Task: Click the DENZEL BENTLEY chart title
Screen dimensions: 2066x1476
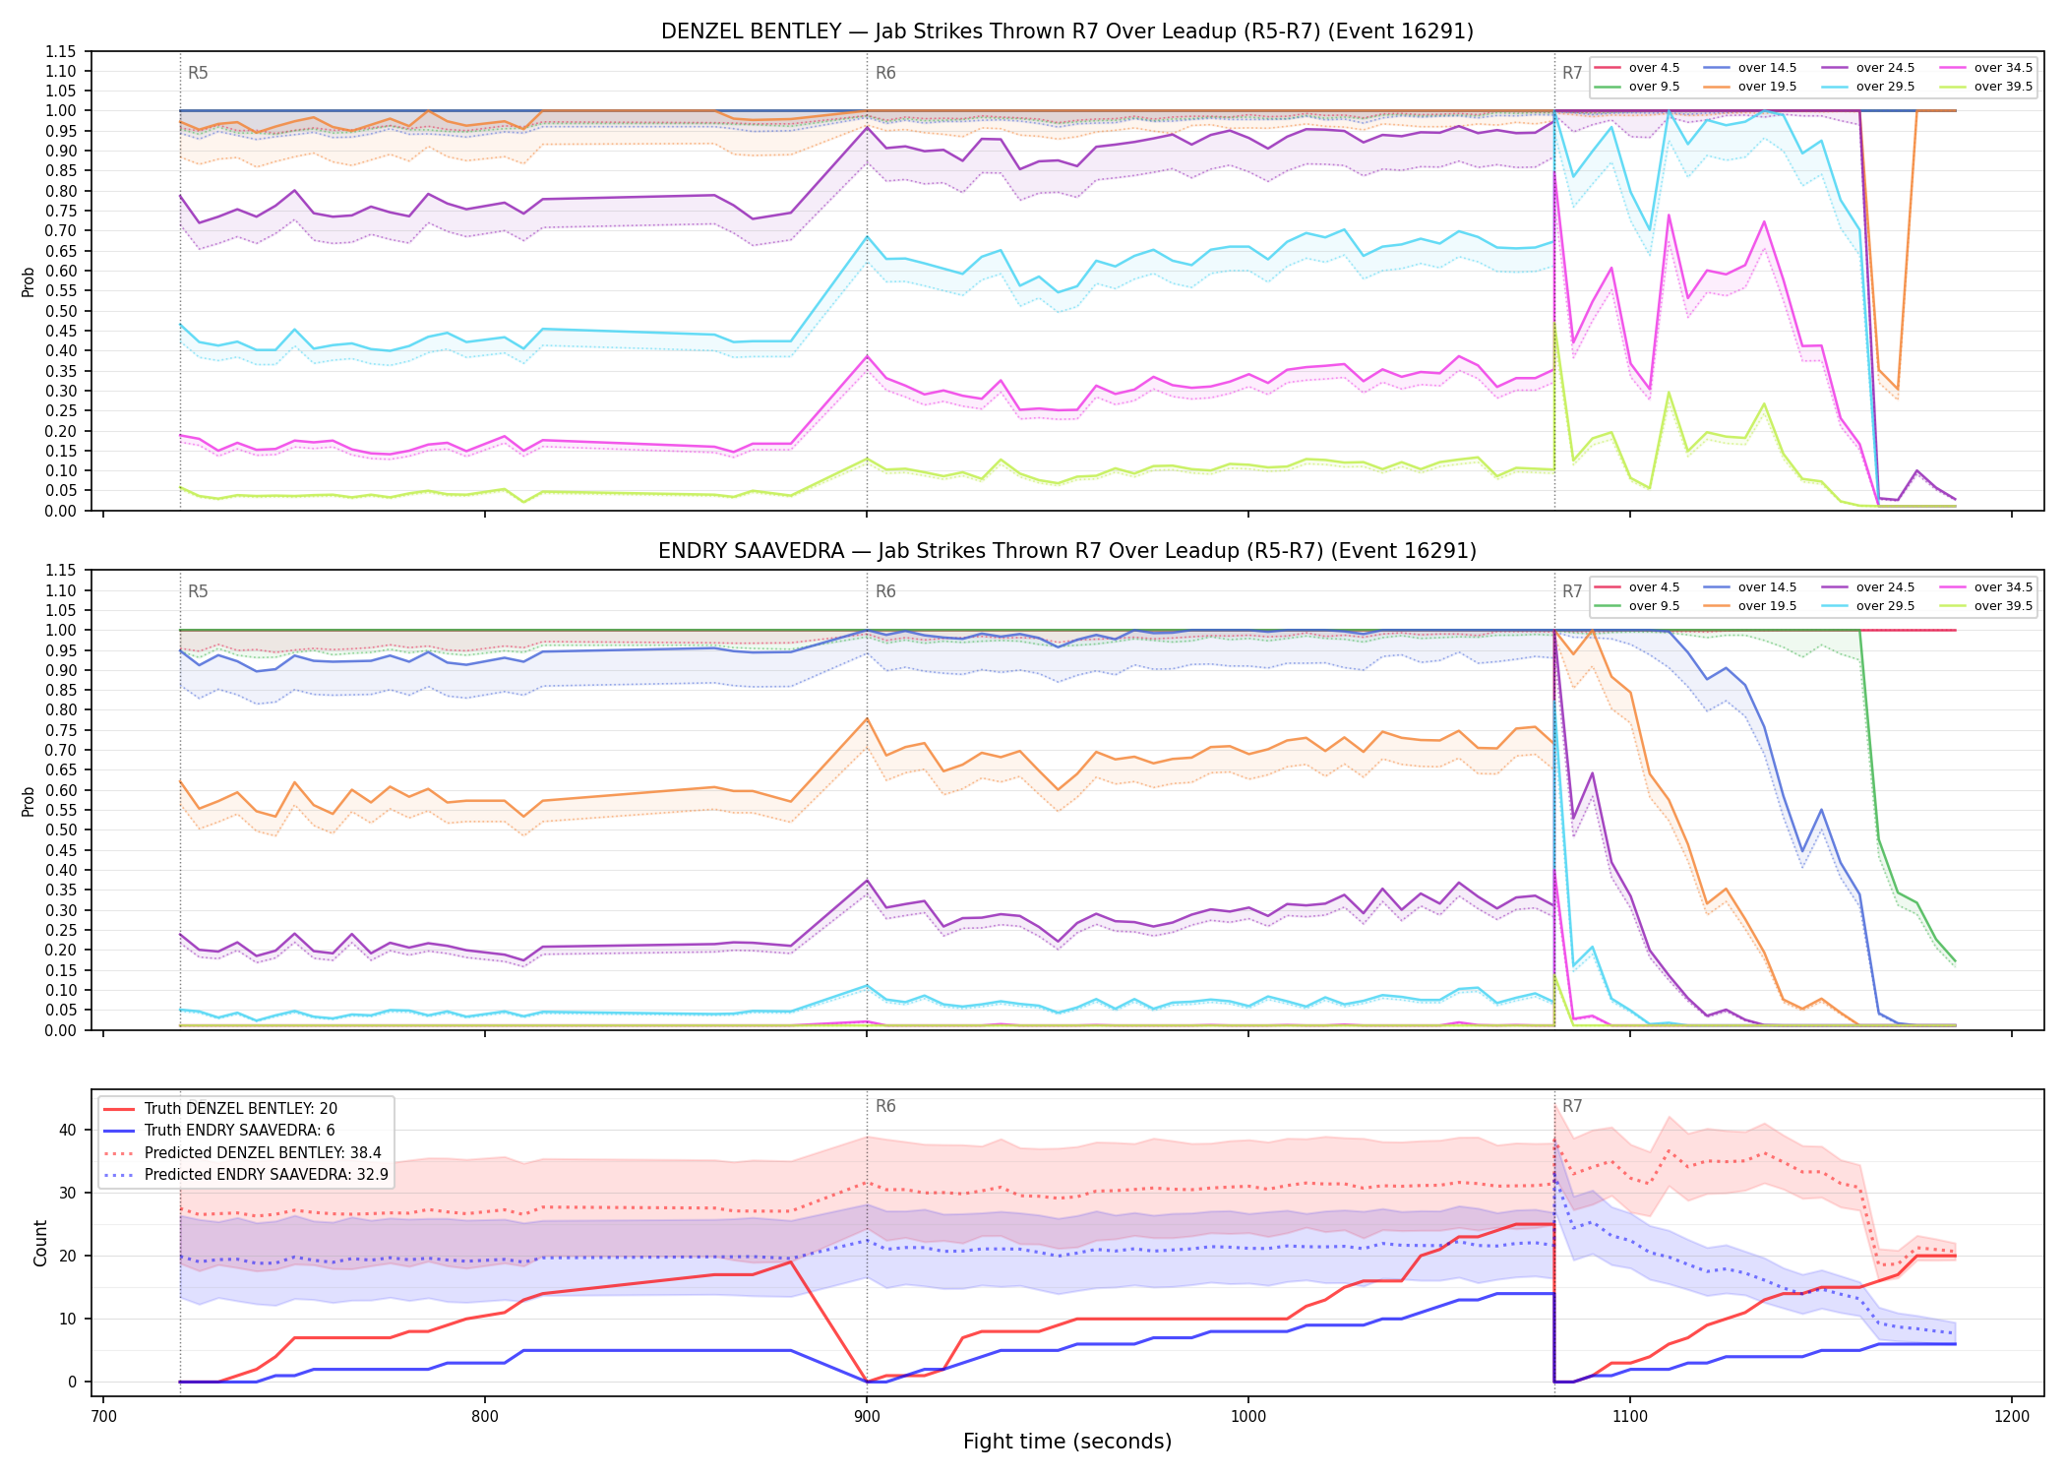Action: (x=1067, y=31)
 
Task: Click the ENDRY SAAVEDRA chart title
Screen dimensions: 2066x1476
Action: (x=1067, y=551)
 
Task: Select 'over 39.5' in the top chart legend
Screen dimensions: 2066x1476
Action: (x=2003, y=87)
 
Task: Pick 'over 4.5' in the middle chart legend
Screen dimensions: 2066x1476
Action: (x=1654, y=587)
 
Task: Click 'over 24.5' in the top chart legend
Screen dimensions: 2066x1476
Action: (x=1885, y=68)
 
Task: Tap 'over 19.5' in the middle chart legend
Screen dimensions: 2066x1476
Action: (x=1767, y=606)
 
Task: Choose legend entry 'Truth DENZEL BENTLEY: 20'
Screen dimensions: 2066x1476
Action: (x=241, y=1109)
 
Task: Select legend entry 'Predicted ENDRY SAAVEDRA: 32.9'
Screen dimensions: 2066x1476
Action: (x=267, y=1175)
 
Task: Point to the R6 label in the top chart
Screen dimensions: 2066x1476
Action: (x=885, y=73)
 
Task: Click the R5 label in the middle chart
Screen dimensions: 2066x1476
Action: (x=198, y=591)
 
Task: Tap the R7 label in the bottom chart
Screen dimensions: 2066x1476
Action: (x=1572, y=1106)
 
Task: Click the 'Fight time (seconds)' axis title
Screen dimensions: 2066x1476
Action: (x=1067, y=1442)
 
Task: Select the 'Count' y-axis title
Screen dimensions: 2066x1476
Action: (x=40, y=1243)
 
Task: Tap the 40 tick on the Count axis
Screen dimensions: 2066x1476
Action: (x=68, y=1130)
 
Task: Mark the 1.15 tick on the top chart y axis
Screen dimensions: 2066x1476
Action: (x=61, y=52)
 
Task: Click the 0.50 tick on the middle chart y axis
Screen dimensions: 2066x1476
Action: (x=61, y=830)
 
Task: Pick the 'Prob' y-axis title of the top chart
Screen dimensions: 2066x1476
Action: (x=29, y=282)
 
